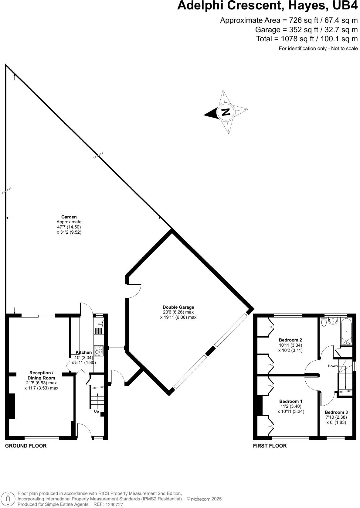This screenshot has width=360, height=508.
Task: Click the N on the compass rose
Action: point(226,112)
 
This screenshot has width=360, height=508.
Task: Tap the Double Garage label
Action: point(178,307)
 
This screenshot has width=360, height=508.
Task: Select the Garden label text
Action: point(69,217)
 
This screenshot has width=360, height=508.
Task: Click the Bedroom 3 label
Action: point(336,412)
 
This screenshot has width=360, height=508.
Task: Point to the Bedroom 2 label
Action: point(290,340)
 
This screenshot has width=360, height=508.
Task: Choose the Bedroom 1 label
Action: point(290,401)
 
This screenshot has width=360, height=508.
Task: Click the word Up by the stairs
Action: point(97,411)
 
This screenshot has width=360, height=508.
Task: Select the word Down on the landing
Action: point(333,366)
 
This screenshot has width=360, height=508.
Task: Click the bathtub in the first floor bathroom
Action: point(346,331)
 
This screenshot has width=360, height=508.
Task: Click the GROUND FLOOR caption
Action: point(26,446)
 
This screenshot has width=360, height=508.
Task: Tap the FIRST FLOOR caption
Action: point(270,446)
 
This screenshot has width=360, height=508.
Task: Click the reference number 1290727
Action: point(114,505)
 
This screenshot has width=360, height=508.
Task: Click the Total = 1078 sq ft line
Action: point(307,39)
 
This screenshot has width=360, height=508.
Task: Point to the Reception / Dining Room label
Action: point(41,375)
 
